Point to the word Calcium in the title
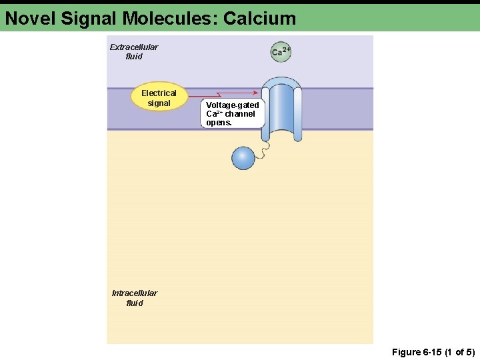259,18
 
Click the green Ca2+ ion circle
281,51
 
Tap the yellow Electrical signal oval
159,98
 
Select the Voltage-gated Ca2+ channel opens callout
232,114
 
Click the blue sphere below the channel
243,157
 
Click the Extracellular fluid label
133,52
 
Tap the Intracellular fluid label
134,298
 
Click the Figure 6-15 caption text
433,352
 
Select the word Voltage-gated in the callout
232,105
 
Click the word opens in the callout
219,123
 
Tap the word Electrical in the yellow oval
159,93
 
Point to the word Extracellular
133,47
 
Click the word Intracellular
134,293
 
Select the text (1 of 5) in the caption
459,352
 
